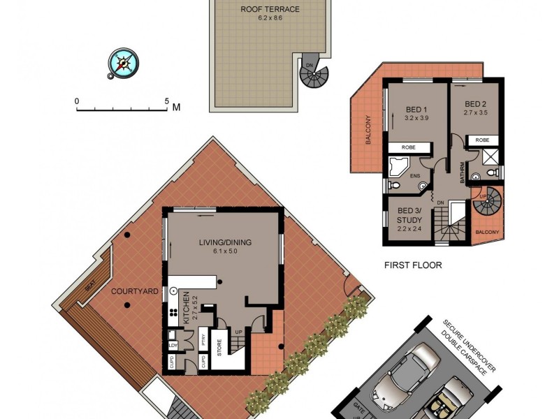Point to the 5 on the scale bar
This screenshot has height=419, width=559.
coord(167,101)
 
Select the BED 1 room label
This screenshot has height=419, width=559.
coord(416,109)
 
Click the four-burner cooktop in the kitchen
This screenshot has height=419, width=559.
coord(172,314)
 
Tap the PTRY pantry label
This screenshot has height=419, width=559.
coord(203,341)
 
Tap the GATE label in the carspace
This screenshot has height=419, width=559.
coord(358,406)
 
